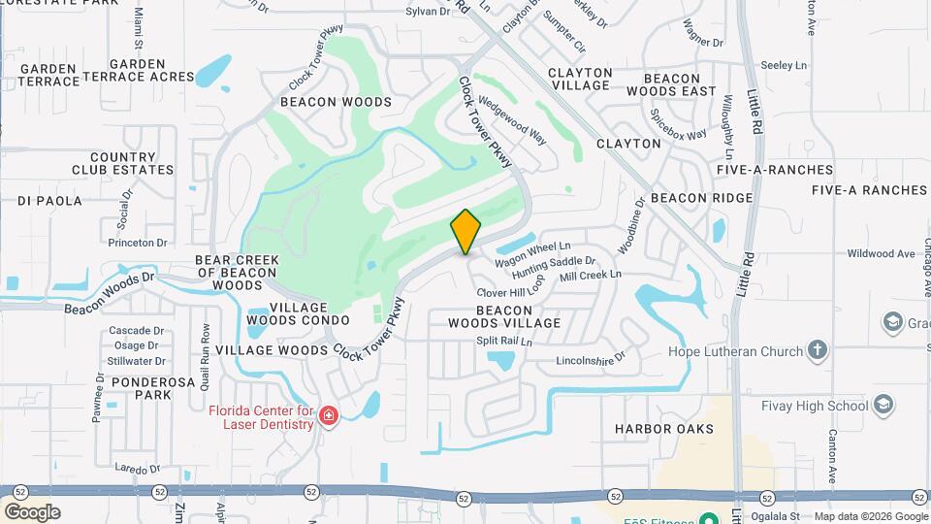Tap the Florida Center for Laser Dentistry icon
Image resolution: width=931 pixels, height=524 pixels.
click(329, 416)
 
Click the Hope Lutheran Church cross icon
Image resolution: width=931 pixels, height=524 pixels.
click(818, 350)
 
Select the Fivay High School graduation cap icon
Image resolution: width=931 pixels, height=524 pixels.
click(883, 404)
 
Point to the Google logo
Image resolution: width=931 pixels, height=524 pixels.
click(31, 511)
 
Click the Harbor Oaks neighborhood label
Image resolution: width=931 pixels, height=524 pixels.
click(664, 428)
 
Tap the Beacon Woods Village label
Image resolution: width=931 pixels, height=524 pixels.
click(504, 315)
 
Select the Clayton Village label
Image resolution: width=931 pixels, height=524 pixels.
click(580, 79)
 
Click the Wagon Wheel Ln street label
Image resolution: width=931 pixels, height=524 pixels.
click(532, 255)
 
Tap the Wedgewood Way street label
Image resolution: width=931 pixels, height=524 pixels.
click(512, 119)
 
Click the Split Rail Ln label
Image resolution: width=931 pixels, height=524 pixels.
click(504, 341)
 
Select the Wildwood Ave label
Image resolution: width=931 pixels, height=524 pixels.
click(881, 253)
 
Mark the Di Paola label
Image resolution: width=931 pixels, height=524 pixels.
click(50, 201)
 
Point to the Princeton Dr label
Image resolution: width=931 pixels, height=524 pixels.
click(138, 243)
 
